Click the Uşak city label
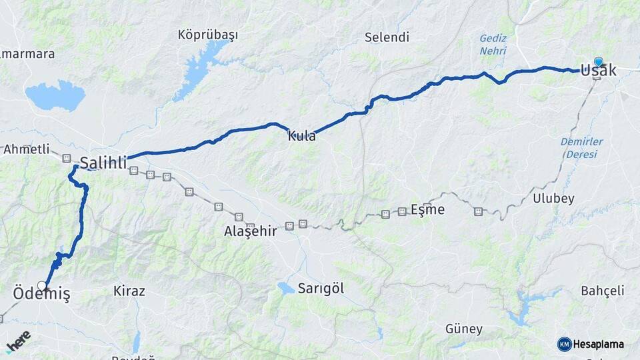[598, 69]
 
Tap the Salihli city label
[103, 162]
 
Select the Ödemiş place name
[41, 295]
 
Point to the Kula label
[301, 136]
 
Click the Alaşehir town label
[250, 231]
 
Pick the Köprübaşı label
[208, 35]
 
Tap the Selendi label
[387, 37]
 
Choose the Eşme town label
[427, 209]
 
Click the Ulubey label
[553, 198]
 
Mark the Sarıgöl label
[321, 288]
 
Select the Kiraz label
[129, 291]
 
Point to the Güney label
[463, 329]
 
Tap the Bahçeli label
[603, 291]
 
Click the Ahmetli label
[27, 149]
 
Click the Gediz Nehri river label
[493, 45]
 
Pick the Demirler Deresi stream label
[581, 147]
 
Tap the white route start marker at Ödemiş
[43, 285]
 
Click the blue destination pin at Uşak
[598, 62]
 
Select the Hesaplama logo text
[598, 344]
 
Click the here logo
[19, 341]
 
